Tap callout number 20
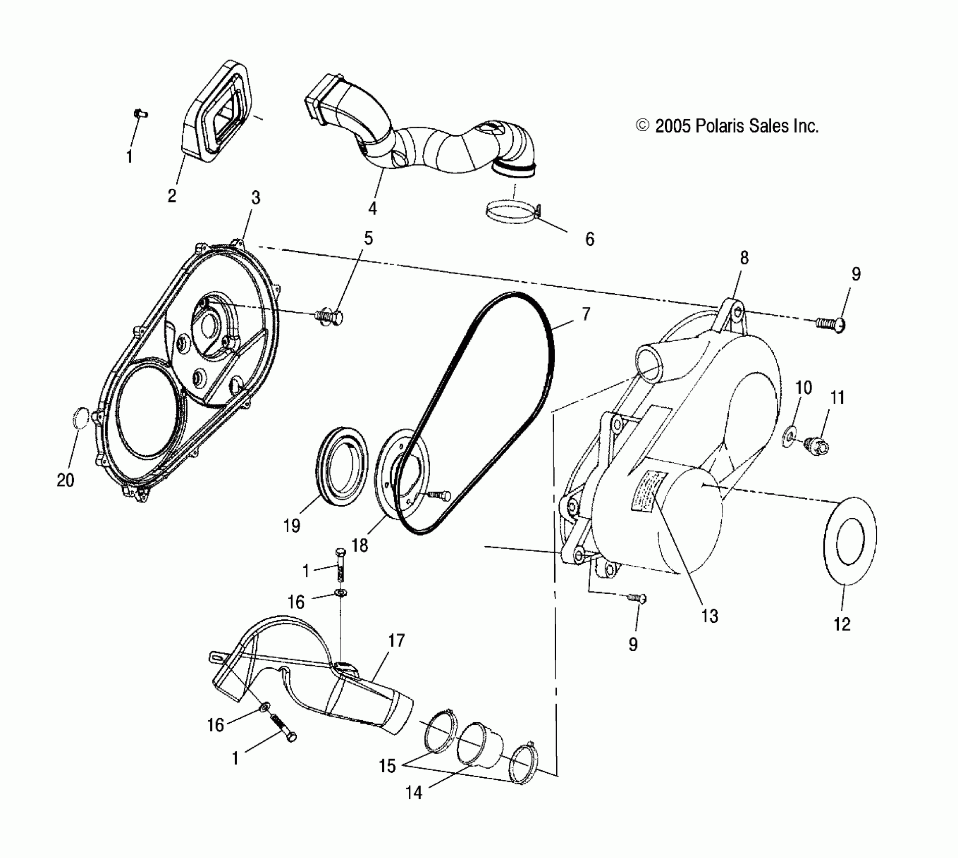(66, 480)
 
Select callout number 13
(710, 616)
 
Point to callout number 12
(841, 625)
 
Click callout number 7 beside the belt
(586, 314)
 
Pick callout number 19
(292, 525)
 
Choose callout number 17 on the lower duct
(397, 640)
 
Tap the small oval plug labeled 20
(81, 417)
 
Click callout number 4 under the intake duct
(372, 208)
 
